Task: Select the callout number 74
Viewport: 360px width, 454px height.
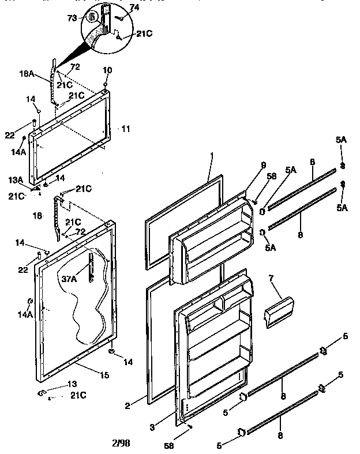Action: (x=134, y=7)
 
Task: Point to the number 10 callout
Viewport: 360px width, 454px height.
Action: (x=107, y=70)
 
